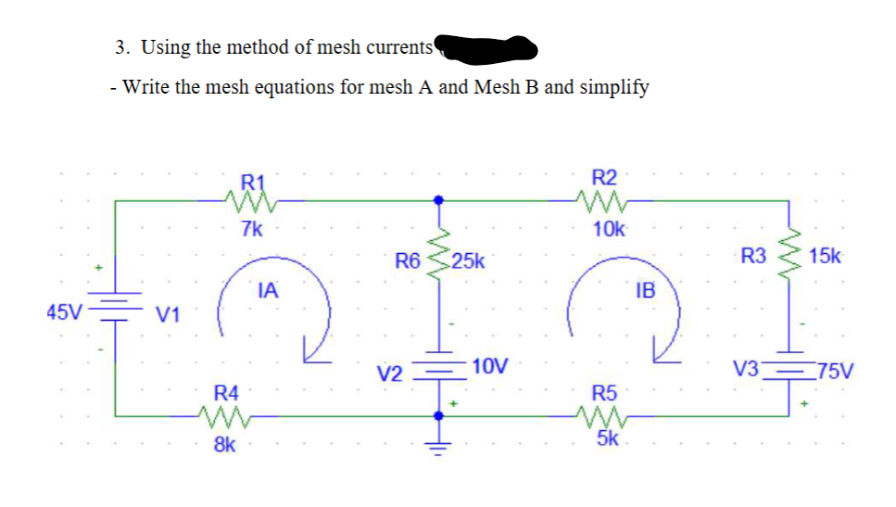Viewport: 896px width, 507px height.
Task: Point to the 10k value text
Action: (x=608, y=229)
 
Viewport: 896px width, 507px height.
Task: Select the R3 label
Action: (x=754, y=255)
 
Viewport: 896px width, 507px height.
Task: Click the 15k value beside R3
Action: (x=825, y=255)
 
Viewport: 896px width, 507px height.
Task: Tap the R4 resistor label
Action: (x=226, y=392)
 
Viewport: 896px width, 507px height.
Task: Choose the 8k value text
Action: (x=224, y=445)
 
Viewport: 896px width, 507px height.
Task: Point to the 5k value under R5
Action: (x=609, y=437)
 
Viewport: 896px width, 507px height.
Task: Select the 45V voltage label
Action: (x=63, y=309)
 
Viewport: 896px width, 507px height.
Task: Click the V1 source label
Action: (x=168, y=315)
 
